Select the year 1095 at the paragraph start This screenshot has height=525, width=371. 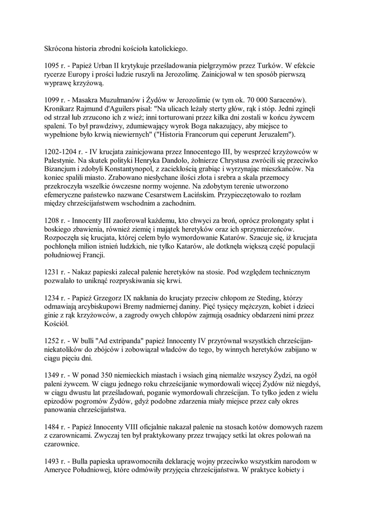[x=52, y=66]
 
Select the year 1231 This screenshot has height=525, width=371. [x=52, y=271]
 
